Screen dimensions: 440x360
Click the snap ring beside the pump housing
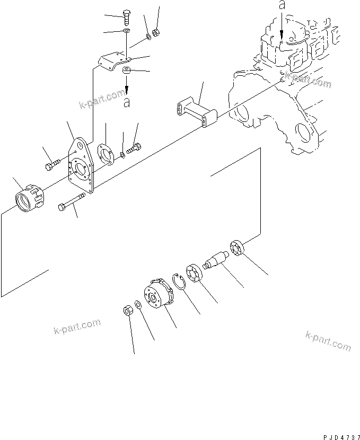(179, 281)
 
